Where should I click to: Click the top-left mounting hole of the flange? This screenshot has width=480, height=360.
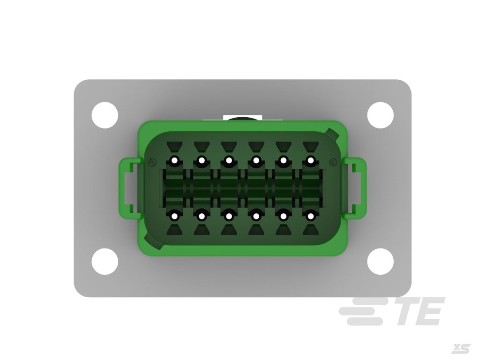coord(105,115)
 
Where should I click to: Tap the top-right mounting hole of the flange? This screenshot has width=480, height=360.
coord(380,115)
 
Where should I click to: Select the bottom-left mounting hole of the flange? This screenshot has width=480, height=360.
coord(105,262)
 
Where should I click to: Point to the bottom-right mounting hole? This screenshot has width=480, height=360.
coord(380,262)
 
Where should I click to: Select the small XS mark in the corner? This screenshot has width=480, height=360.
coord(460,349)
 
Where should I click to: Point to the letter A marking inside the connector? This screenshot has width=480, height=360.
coord(151,163)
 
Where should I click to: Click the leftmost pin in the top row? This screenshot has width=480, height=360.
coord(174,161)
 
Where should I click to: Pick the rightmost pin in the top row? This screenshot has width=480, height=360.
coord(310,161)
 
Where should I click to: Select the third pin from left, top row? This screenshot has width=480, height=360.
coord(229,161)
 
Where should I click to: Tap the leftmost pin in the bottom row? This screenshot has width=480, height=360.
coord(174,216)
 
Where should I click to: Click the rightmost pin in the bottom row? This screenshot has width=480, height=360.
coord(310,216)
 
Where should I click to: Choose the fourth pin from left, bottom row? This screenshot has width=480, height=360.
coord(256,216)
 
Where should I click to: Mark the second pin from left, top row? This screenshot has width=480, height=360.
coord(202,161)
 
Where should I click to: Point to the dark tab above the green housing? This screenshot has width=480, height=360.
coord(242,119)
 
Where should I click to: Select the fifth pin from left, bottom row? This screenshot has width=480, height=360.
coord(283,216)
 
